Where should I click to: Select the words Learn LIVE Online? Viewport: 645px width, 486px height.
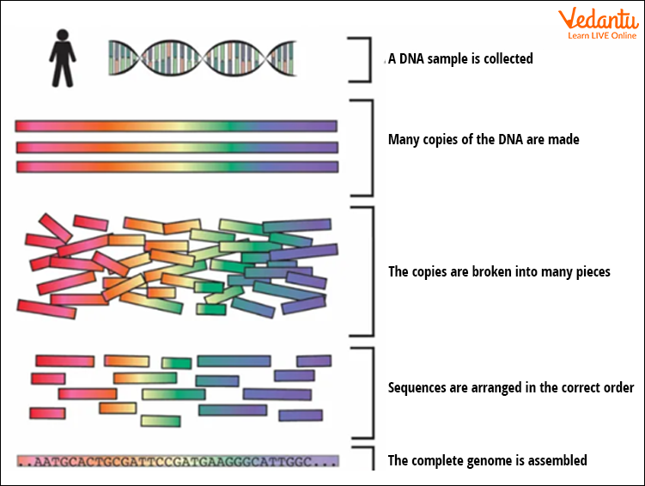coord(600,36)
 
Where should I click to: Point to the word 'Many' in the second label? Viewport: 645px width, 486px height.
coord(404,139)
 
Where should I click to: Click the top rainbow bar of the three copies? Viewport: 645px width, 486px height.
coord(176,126)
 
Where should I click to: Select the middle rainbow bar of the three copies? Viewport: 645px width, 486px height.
coord(176,147)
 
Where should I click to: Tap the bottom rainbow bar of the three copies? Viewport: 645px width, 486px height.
coord(176,167)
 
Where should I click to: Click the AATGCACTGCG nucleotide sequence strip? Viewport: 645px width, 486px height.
coord(177,461)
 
